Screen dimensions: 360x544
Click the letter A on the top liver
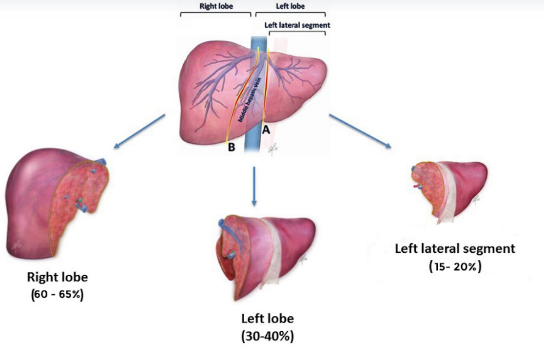[266, 130]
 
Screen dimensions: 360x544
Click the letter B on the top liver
[233, 148]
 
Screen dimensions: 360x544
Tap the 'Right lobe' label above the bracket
[216, 7]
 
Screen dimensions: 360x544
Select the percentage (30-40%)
[268, 336]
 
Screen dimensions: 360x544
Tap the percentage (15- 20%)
[455, 266]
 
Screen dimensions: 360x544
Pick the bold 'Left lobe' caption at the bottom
[268, 319]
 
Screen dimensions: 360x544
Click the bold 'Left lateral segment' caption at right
[455, 248]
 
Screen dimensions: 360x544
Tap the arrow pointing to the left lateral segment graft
[359, 130]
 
